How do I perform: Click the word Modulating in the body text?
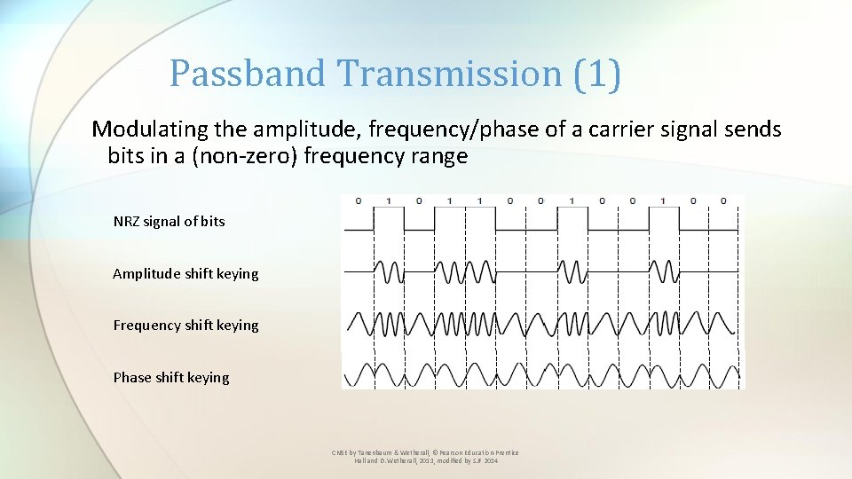tap(150, 130)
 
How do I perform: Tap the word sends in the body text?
tap(754, 130)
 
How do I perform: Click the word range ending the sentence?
tap(440, 157)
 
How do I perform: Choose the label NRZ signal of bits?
tap(169, 221)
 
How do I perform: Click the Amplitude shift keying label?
tap(185, 273)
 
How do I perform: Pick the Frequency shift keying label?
tap(185, 325)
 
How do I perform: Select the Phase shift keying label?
tap(170, 377)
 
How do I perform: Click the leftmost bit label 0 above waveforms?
tap(358, 200)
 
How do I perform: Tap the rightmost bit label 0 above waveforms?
tap(723, 200)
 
